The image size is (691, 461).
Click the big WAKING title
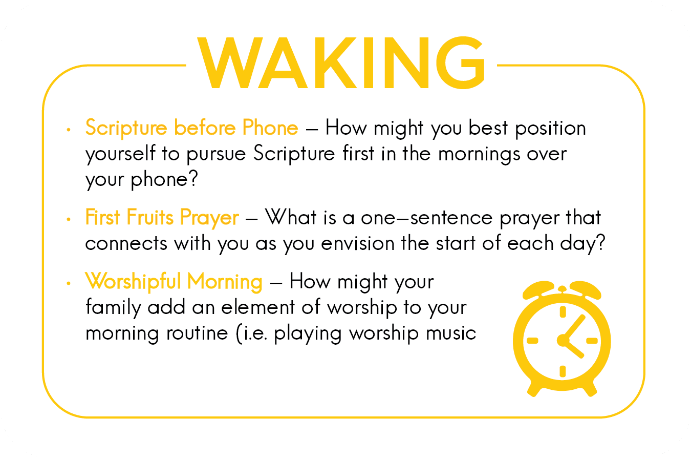click(x=341, y=62)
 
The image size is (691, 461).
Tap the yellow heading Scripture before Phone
click(x=191, y=128)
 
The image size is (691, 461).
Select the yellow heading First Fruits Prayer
click(x=162, y=217)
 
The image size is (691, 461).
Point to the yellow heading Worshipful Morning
click(x=174, y=282)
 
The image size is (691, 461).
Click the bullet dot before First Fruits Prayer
click(x=69, y=220)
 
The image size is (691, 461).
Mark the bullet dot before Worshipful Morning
click(x=69, y=283)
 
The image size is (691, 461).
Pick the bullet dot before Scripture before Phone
click(x=69, y=130)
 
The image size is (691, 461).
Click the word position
click(x=550, y=129)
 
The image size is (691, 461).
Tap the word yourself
click(x=120, y=154)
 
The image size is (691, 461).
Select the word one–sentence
click(x=427, y=218)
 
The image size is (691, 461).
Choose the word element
click(x=258, y=307)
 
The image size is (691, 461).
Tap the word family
click(x=113, y=308)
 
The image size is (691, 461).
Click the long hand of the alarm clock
click(x=573, y=328)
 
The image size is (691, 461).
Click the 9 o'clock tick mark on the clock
click(x=532, y=341)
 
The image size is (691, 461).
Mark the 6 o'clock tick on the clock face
click(x=563, y=371)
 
